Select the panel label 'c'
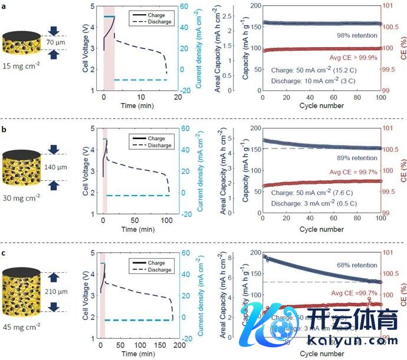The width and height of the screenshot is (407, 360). point(4,249)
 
